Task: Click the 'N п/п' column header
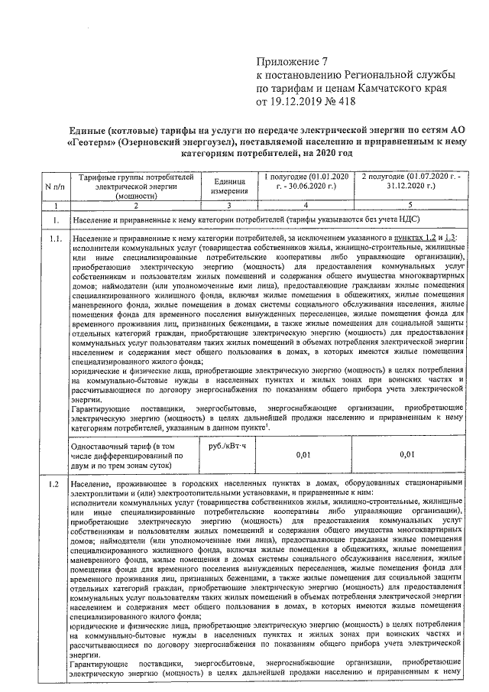click(55, 187)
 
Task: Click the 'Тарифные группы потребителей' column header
click(135, 187)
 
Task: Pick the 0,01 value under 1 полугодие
click(306, 455)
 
